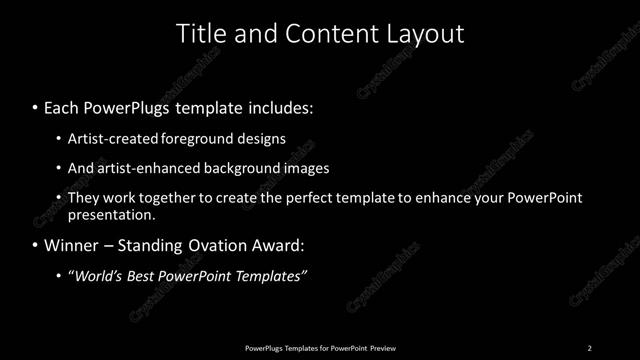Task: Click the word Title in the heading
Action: click(x=200, y=33)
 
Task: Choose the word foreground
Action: click(x=195, y=139)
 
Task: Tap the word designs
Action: click(x=259, y=139)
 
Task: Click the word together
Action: click(x=177, y=198)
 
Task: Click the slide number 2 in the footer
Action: click(x=589, y=348)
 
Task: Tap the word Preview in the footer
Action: click(x=383, y=348)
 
